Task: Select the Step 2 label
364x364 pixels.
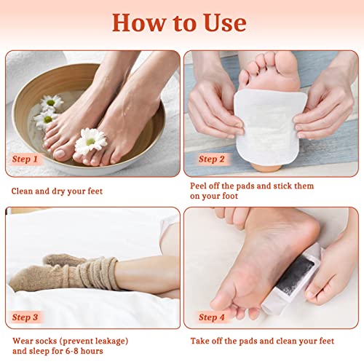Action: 212,159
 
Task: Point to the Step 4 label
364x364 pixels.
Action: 212,317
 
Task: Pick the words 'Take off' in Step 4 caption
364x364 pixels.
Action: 209,340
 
